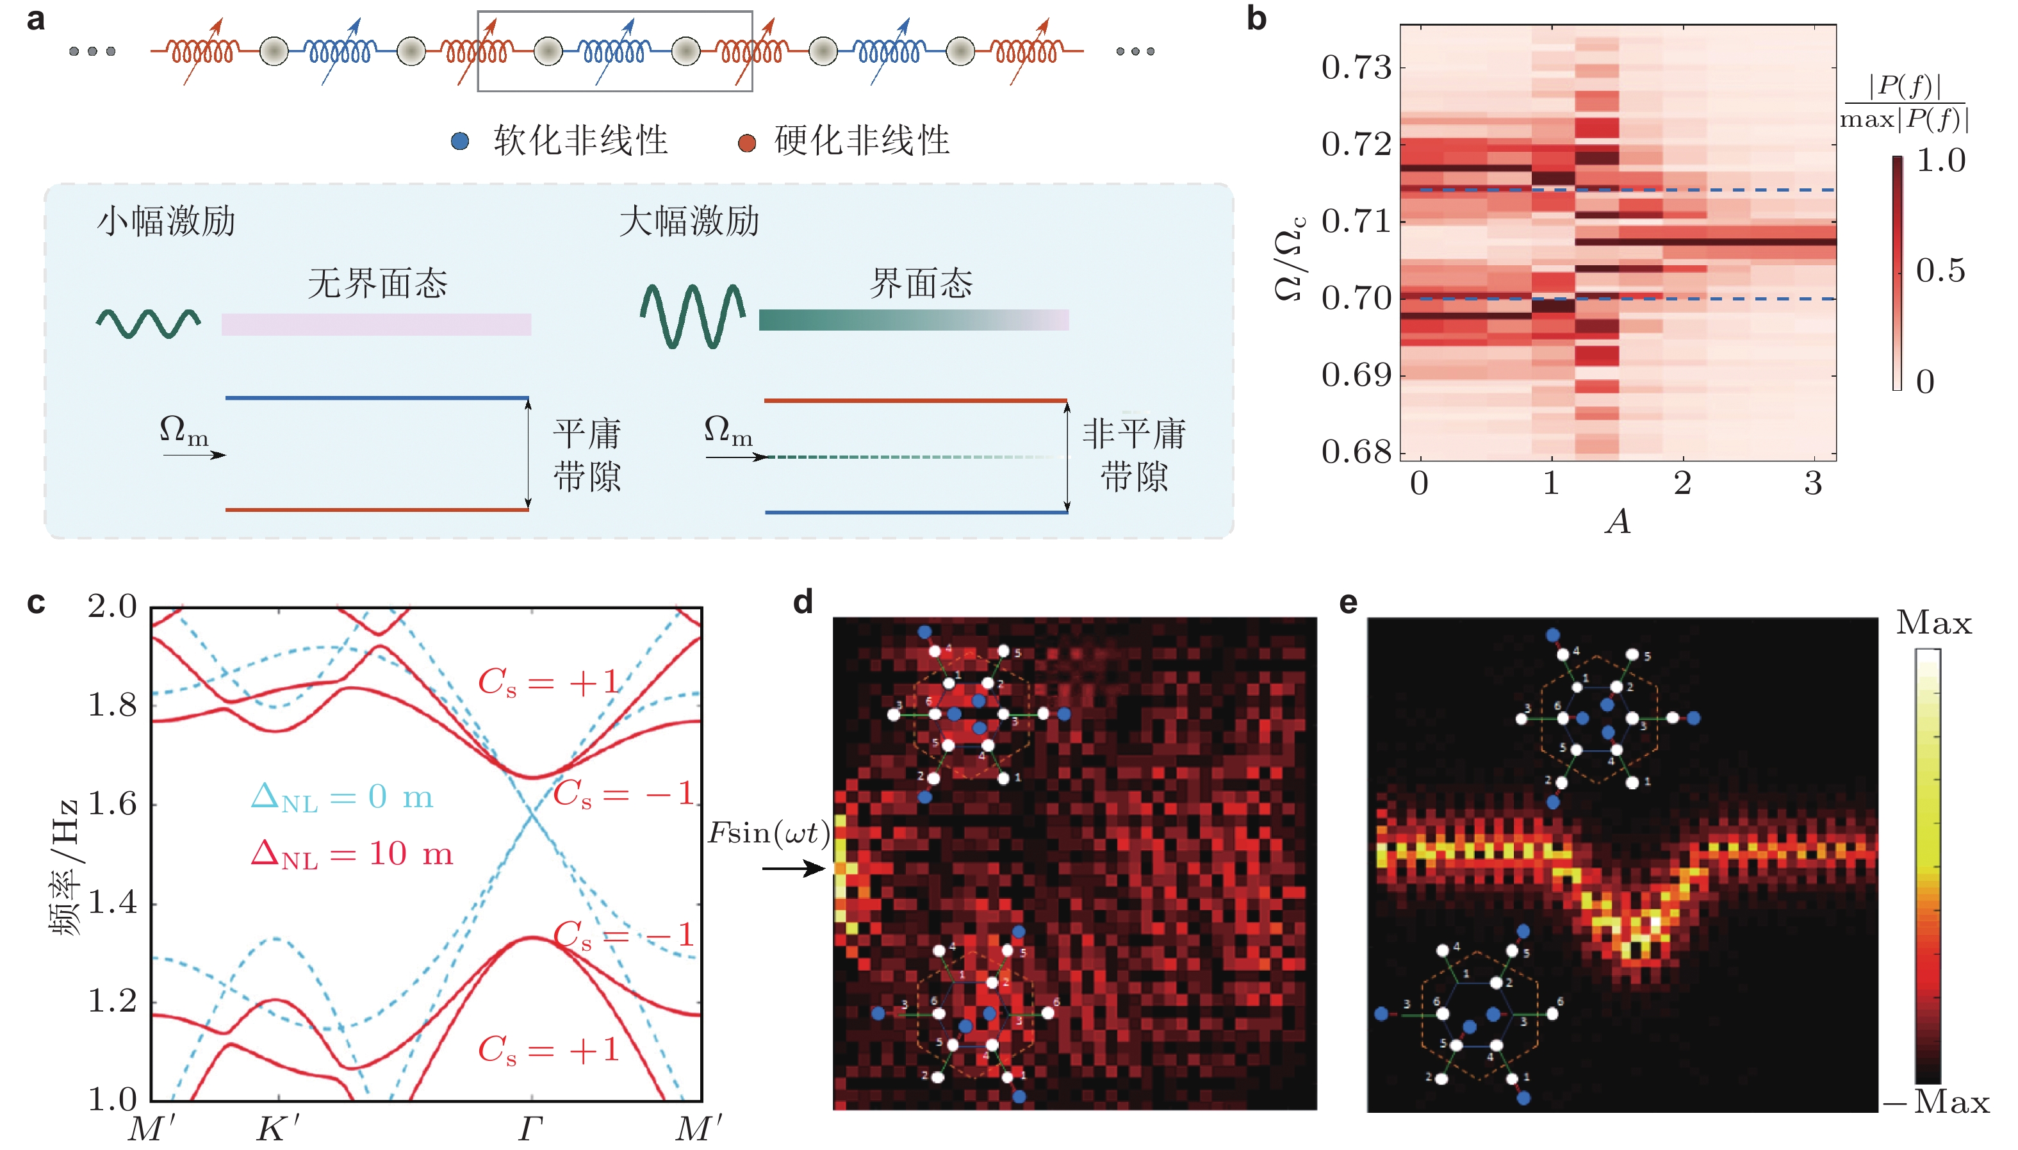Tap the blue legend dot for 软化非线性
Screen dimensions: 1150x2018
tap(460, 142)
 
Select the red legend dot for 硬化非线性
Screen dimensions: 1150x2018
tap(746, 143)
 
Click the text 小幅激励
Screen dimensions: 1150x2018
tap(166, 221)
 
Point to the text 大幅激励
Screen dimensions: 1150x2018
tap(689, 221)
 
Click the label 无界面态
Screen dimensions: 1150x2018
tap(377, 283)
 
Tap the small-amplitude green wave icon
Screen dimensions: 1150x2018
tap(149, 322)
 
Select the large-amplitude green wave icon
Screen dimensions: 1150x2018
tap(693, 315)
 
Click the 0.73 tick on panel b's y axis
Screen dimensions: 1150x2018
tap(1356, 68)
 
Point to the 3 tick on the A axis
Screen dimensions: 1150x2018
tap(1812, 482)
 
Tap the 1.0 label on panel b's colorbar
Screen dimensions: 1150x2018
tap(1940, 160)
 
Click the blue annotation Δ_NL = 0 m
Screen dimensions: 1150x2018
tap(341, 797)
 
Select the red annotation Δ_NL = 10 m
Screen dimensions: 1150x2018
tap(352, 854)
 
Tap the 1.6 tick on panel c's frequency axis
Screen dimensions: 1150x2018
tap(112, 804)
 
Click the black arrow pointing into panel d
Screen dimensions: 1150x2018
tap(793, 869)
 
